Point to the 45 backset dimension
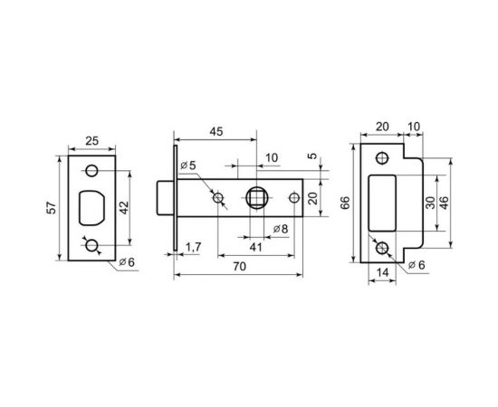pyautogui.click(x=215, y=132)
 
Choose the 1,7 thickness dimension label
pyautogui.click(x=193, y=246)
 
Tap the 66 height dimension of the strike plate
pyautogui.click(x=346, y=204)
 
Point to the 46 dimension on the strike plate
pyautogui.click(x=444, y=204)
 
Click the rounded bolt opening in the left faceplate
pyautogui.click(x=94, y=208)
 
